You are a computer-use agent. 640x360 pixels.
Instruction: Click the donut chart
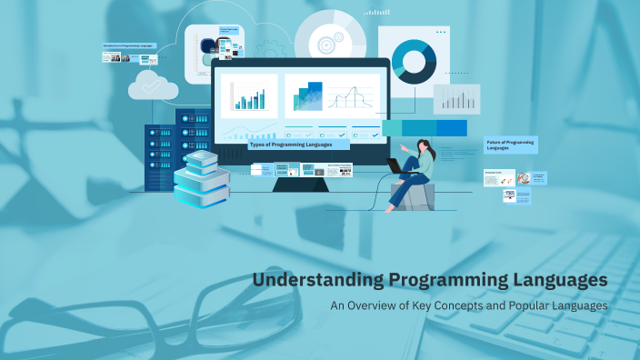tap(414, 62)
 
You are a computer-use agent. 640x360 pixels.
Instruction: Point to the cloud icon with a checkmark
tap(153, 85)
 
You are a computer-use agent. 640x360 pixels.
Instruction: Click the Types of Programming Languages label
tap(298, 145)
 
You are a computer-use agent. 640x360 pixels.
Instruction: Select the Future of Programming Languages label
tap(510, 144)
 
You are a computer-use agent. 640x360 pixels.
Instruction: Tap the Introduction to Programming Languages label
tap(129, 45)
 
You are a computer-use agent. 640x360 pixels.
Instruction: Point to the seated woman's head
tap(424, 145)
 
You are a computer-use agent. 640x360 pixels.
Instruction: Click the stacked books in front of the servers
tap(202, 179)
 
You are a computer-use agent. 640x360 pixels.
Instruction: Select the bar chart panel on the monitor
tap(248, 96)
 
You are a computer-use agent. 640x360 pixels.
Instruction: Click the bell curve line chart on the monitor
tap(352, 96)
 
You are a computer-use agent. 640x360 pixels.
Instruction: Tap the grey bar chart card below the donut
tap(456, 98)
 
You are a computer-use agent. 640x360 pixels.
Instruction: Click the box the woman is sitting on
tap(413, 196)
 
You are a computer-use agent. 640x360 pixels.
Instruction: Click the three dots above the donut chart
tap(441, 32)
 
